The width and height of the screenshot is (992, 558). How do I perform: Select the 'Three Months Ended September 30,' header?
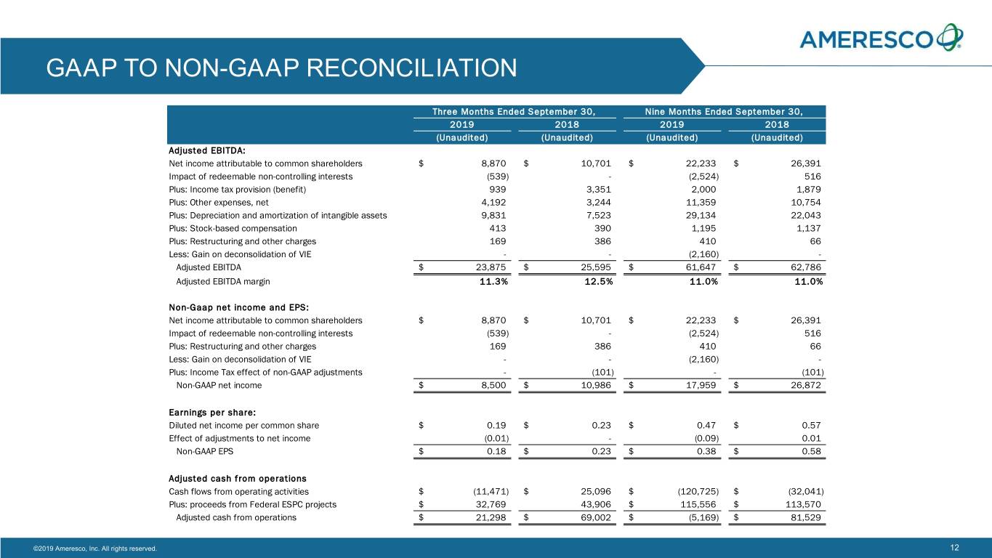point(514,111)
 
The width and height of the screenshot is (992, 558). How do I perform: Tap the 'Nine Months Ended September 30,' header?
point(724,111)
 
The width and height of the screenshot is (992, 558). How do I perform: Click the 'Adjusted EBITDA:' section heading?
point(206,150)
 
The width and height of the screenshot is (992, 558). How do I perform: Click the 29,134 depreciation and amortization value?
point(701,216)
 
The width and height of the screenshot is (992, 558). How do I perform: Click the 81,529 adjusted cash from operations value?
point(806,517)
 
